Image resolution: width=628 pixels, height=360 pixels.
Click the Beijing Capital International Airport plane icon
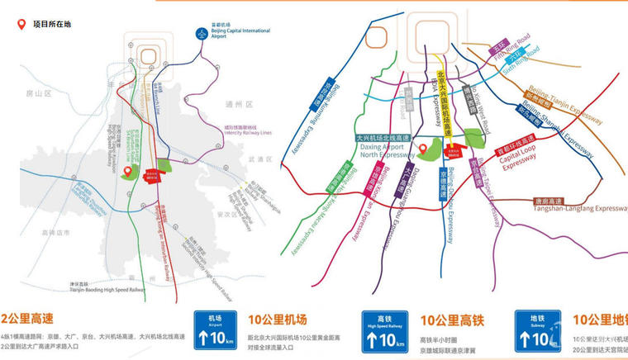(x=200, y=33)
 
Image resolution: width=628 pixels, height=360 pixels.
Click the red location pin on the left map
(x=127, y=171)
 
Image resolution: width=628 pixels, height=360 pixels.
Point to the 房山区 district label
(x=38, y=94)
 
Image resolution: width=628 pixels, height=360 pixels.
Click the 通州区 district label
(x=238, y=105)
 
